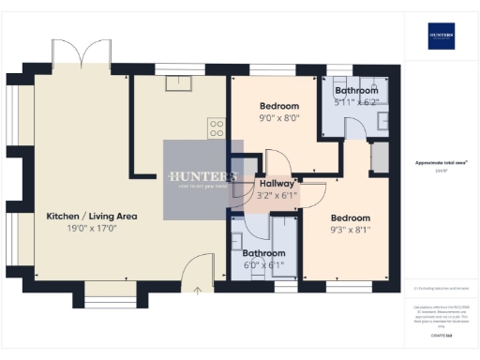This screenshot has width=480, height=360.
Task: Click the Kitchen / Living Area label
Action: coord(92,216)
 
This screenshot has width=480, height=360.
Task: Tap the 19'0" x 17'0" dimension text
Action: coord(92,228)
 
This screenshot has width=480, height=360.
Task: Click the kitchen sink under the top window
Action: coord(175,83)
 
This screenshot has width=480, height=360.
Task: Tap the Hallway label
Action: coord(277,184)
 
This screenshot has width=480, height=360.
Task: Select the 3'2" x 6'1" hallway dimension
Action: coord(277,196)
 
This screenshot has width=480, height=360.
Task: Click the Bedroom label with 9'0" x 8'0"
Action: coord(279,106)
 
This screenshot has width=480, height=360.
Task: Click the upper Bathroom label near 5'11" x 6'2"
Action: coord(356,90)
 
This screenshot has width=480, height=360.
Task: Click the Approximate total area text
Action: coord(441,162)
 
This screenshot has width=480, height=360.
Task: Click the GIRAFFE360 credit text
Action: coord(441,335)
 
